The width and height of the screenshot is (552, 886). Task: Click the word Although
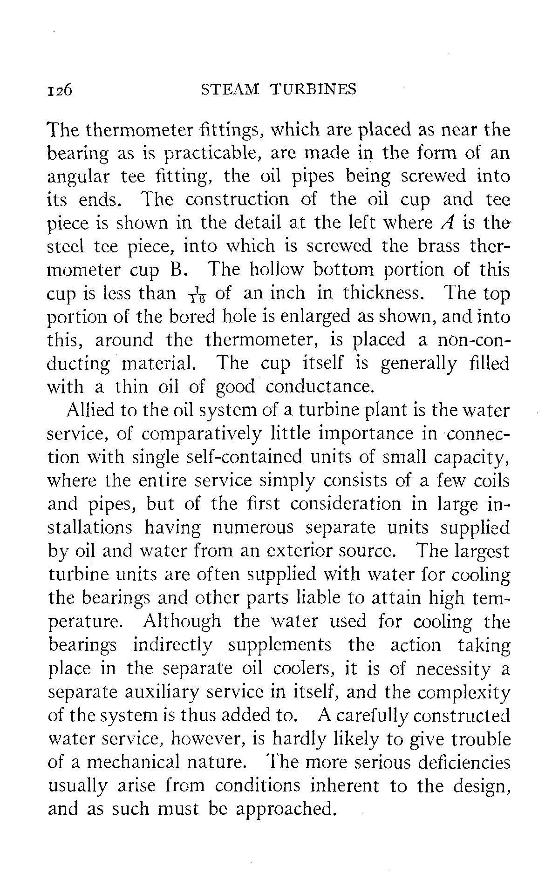click(183, 622)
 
